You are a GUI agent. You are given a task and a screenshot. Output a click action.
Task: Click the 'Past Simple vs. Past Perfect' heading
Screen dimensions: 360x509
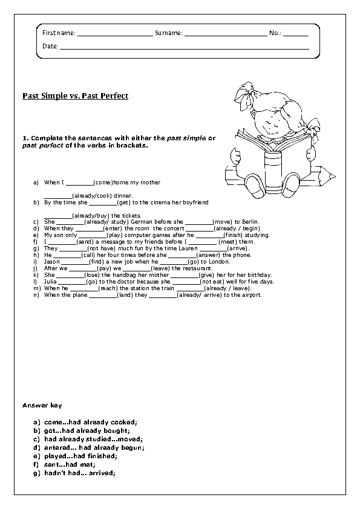click(75, 96)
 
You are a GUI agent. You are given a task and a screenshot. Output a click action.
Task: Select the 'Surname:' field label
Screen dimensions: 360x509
click(168, 33)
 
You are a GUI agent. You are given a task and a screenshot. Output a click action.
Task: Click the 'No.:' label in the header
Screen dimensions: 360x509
click(275, 33)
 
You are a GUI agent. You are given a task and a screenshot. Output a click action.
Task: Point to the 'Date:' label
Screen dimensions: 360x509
click(50, 46)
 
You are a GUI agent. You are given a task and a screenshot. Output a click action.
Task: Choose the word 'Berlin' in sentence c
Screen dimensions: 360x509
click(250, 222)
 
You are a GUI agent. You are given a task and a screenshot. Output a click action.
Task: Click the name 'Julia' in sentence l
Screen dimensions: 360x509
click(51, 282)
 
